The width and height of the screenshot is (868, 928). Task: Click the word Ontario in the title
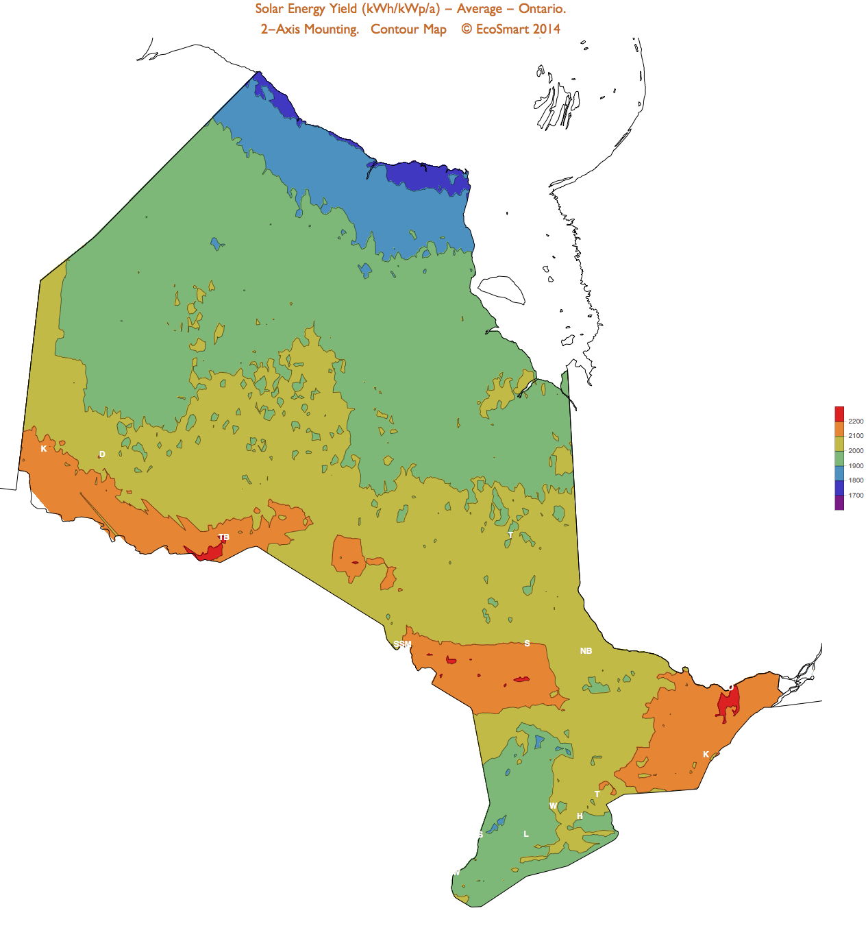point(541,9)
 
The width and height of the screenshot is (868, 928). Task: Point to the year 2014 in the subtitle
point(546,29)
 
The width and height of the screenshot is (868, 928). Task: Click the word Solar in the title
point(269,9)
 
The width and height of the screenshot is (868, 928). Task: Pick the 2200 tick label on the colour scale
point(856,422)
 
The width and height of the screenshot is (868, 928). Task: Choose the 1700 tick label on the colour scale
point(856,496)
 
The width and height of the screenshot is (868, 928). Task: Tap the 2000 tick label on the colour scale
point(856,451)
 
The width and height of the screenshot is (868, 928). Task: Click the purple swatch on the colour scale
point(839,503)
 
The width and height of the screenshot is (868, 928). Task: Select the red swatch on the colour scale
point(839,414)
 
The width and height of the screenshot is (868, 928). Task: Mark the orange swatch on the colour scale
point(839,429)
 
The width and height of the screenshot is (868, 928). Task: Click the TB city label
point(223,537)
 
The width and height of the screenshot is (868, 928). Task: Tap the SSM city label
point(402,644)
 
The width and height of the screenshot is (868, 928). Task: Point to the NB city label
point(586,651)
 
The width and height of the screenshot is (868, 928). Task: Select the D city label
point(102,454)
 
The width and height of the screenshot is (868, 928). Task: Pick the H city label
point(580,816)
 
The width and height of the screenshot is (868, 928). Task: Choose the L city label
point(526,834)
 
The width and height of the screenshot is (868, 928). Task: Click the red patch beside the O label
point(729,704)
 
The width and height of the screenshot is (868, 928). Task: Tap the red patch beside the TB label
point(208,552)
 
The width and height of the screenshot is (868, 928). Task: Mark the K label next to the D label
point(44,449)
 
